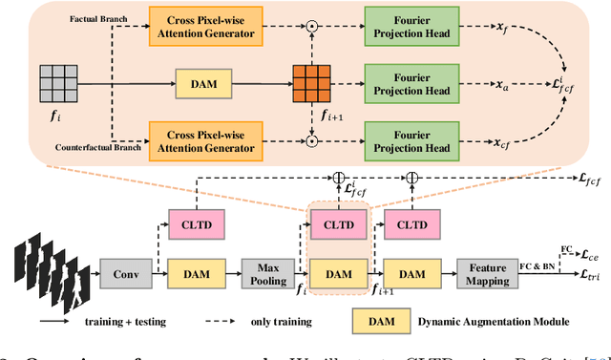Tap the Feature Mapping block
click(x=486, y=274)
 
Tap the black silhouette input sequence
click(x=48, y=272)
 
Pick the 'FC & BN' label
click(x=538, y=267)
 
